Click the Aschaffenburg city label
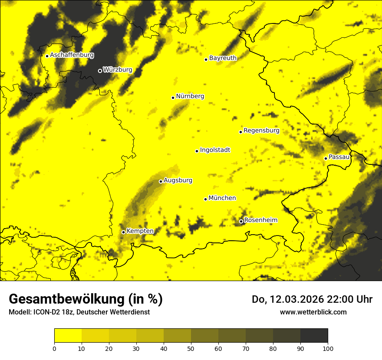point(72,55)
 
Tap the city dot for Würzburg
point(100,71)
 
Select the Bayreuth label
point(223,58)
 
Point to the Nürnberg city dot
point(173,98)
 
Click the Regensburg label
point(261,130)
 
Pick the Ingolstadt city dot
point(197,151)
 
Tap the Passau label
point(339,157)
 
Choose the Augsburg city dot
point(161,181)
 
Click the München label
point(222,198)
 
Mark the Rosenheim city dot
point(241,222)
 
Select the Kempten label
point(140,231)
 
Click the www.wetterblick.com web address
point(313,312)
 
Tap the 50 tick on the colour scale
point(191,348)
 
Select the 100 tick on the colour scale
point(328,348)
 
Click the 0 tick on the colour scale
point(54,348)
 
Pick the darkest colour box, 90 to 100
point(314,336)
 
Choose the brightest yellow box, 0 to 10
point(68,336)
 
